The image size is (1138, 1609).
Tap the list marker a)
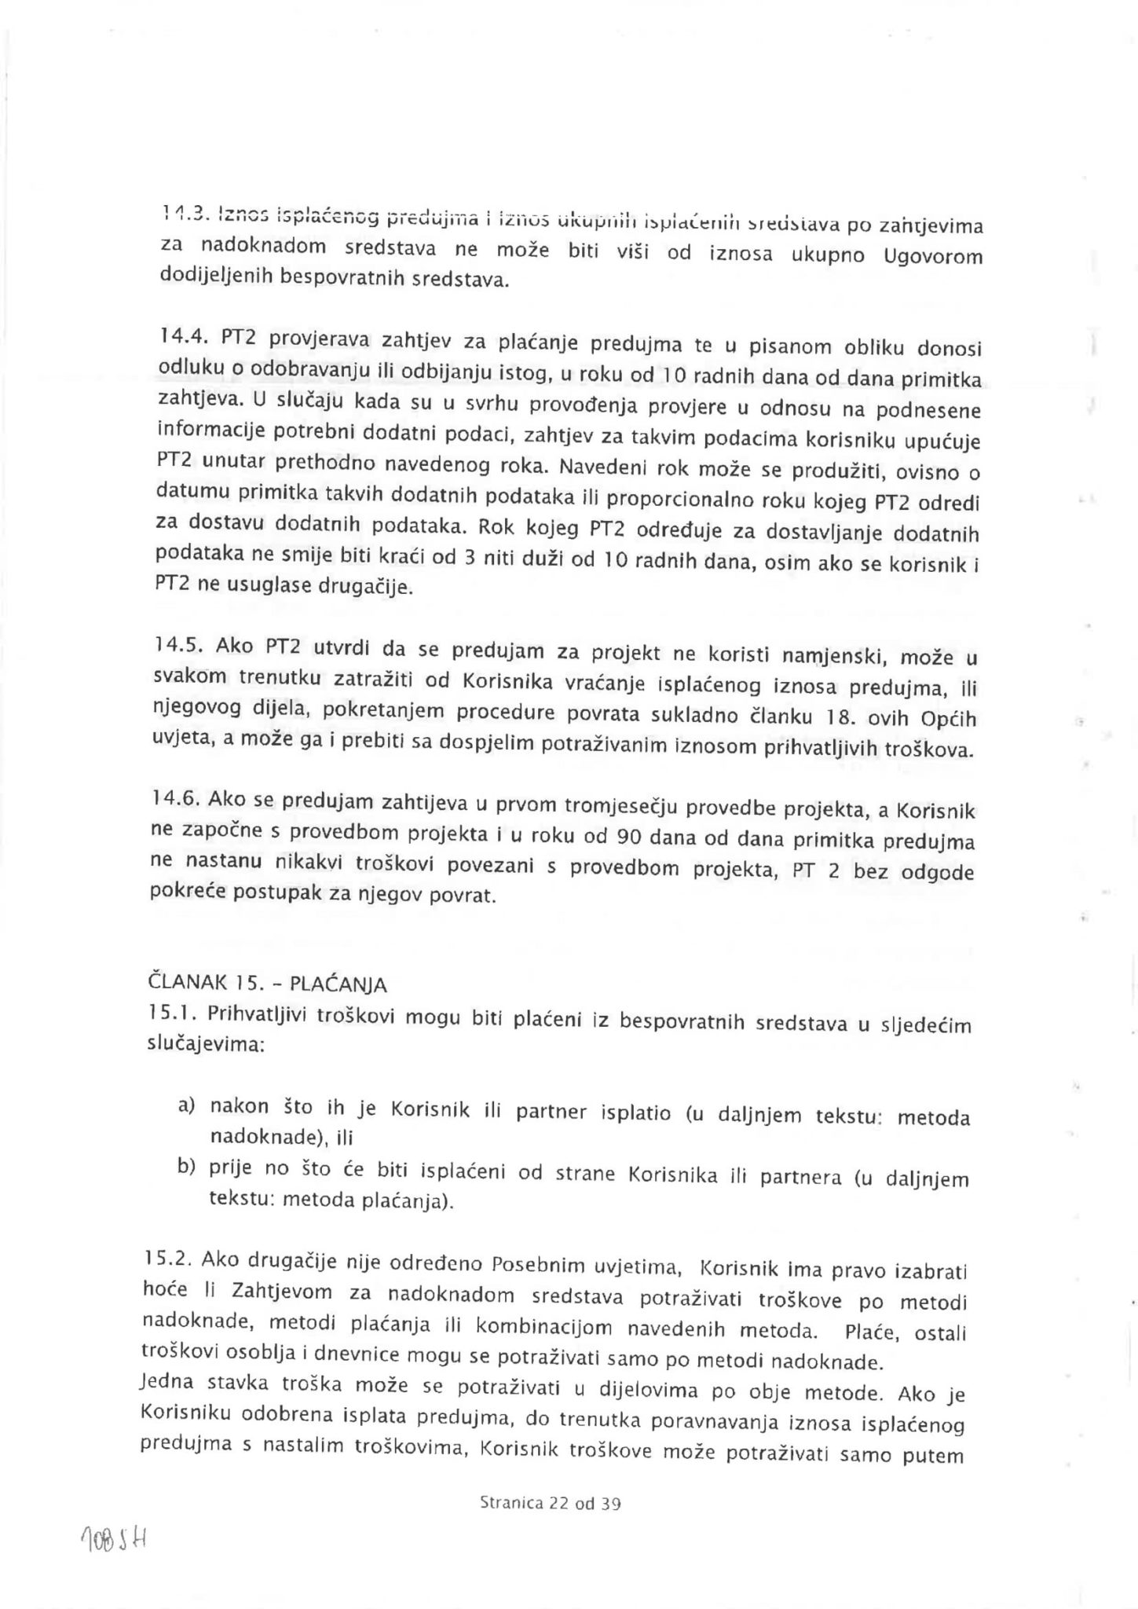tap(186, 1106)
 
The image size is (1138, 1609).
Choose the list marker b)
tap(186, 1167)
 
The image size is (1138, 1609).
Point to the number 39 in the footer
tap(610, 1505)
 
